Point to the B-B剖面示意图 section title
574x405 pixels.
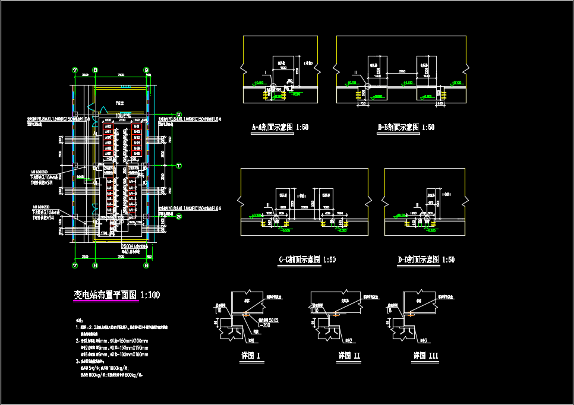tap(406, 127)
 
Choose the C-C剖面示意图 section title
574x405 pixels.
tap(307, 260)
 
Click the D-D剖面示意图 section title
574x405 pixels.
tap(426, 260)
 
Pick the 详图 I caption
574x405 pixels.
tap(250, 356)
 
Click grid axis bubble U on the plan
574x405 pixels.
tap(179, 114)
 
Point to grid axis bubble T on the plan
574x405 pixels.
tap(179, 166)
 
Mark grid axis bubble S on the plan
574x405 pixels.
tap(179, 217)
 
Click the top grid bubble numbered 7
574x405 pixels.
tap(75, 70)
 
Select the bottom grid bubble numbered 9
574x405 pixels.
tap(146, 266)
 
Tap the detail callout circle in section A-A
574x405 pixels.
tap(273, 86)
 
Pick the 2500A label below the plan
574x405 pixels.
tap(128, 246)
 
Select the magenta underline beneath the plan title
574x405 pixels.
tap(106, 302)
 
